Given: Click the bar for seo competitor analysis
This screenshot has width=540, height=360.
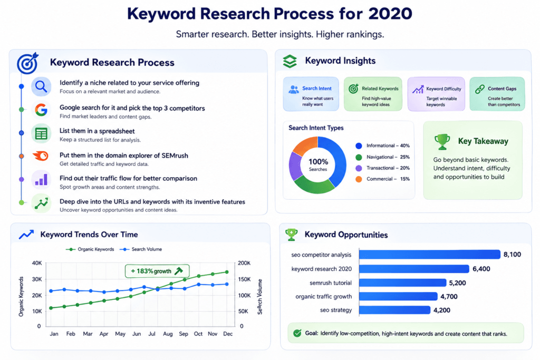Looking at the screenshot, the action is pyautogui.click(x=429, y=255).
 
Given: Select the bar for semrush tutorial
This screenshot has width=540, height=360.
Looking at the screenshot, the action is pyautogui.click(x=402, y=283).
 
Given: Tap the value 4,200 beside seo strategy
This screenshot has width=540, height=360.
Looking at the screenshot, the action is pyautogui.click(x=442, y=310).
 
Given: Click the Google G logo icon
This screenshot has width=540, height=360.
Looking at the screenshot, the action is pyautogui.click(x=41, y=110).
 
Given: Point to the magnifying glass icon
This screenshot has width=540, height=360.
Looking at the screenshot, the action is pyautogui.click(x=41, y=86).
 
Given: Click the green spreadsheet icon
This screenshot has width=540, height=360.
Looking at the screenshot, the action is pyautogui.click(x=41, y=133).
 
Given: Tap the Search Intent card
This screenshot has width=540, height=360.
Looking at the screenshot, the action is pyautogui.click(x=311, y=94).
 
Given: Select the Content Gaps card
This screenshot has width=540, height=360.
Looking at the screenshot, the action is pyautogui.click(x=497, y=94).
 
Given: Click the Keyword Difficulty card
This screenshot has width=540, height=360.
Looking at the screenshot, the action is pyautogui.click(x=436, y=94).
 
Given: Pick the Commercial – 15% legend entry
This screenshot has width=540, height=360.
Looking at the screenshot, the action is pyautogui.click(x=382, y=179).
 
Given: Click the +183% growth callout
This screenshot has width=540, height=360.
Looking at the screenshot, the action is pyautogui.click(x=157, y=271).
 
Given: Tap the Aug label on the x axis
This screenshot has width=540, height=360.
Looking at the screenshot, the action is pyautogui.click(x=168, y=334).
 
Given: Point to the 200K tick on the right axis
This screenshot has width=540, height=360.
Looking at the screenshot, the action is pyautogui.click(x=244, y=263).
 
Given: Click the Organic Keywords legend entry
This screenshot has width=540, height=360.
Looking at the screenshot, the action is pyautogui.click(x=90, y=249).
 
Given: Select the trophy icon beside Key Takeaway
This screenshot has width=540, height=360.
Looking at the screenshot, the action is pyautogui.click(x=442, y=141).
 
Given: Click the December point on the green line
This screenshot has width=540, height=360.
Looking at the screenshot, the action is pyautogui.click(x=227, y=272).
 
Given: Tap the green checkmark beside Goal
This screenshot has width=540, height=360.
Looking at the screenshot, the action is pyautogui.click(x=297, y=333).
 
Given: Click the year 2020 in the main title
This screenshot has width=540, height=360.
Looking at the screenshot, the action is pyautogui.click(x=390, y=14).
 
